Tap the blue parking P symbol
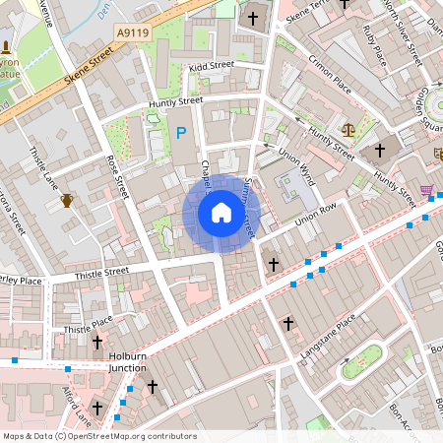pyautogui.click(x=180, y=132)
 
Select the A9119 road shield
pyautogui.click(x=132, y=32)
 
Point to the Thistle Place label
pyautogui.click(x=88, y=324)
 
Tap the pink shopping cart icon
pyautogui.click(x=426, y=190)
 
